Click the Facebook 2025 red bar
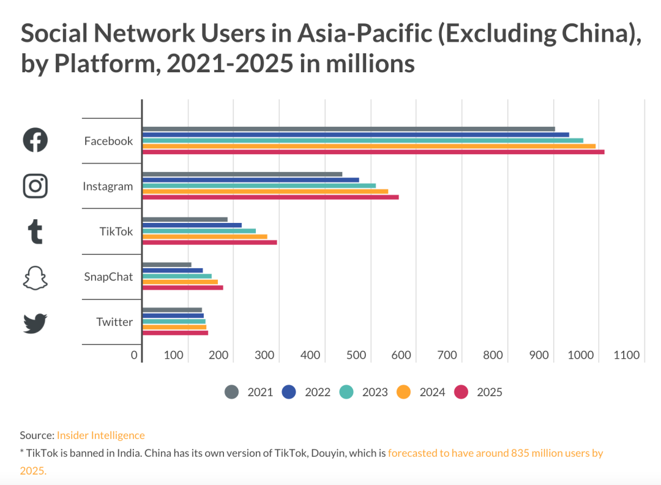point(373,152)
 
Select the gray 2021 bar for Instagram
point(242,175)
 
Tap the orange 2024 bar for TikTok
point(205,236)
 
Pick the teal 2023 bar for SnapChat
point(177,276)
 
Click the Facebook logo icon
point(35,140)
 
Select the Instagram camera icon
point(35,186)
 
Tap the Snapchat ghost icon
point(35,277)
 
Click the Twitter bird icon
point(35,323)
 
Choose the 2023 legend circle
point(346,392)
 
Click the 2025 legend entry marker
point(461,392)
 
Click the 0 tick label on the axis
point(134,355)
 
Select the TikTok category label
point(116,231)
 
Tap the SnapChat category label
point(108,277)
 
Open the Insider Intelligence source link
point(101,435)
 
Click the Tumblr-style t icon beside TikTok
point(35,232)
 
